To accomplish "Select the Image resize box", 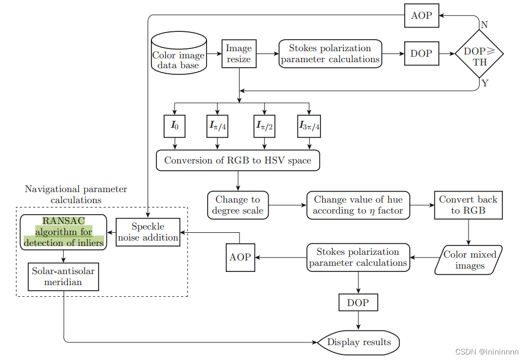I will click(239, 53).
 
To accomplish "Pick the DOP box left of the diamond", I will click(421, 54).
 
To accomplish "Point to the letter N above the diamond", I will click(484, 25).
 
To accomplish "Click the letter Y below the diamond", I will click(484, 84).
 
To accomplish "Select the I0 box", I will click(175, 126).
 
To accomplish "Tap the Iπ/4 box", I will click(218, 126).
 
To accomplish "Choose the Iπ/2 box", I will click(264, 126).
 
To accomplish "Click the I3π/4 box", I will click(309, 126).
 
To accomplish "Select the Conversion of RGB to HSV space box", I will click(237, 161).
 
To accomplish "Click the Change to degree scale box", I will click(237, 205).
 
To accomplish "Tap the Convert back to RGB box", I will click(468, 205).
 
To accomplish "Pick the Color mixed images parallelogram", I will click(469, 260).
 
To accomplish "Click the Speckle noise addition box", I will click(148, 232).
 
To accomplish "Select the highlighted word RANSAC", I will click(63, 221).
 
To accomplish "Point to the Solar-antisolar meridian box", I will click(64, 276).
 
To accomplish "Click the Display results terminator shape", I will click(358, 342).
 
